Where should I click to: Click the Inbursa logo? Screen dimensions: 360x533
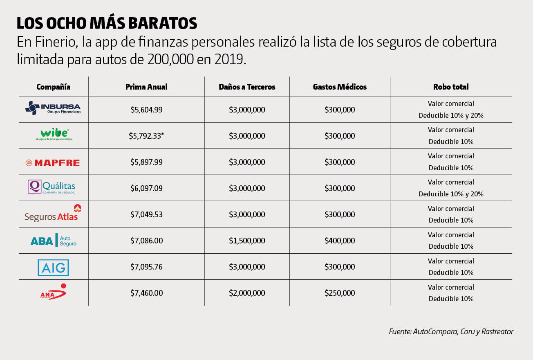(53, 108)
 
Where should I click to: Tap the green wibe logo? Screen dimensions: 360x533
(54, 135)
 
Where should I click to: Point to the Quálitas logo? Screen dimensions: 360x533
(52, 187)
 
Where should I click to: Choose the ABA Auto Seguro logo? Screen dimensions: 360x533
(53, 241)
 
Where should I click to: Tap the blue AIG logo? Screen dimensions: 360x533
(53, 268)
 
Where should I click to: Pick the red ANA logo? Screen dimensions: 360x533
(53, 292)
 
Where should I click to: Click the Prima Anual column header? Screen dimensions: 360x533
(146, 87)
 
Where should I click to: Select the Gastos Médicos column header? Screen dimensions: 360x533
(340, 87)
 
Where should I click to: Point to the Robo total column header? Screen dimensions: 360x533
(451, 87)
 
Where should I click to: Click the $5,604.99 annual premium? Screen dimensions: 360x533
(146, 110)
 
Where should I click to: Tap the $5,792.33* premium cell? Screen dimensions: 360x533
(146, 136)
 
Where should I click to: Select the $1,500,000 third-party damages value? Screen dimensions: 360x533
(247, 241)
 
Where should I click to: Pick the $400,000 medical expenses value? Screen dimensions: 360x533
(340, 241)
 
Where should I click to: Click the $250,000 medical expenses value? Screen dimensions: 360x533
(340, 293)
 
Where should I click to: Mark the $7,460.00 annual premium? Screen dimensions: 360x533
(146, 293)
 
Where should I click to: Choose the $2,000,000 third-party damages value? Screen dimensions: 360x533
(247, 293)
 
